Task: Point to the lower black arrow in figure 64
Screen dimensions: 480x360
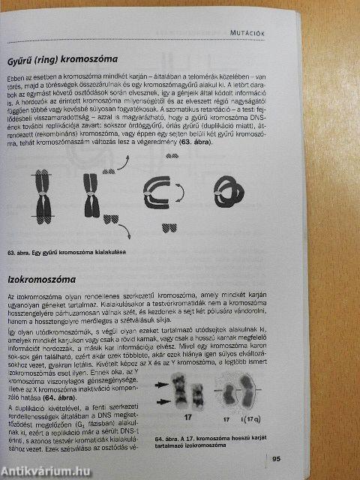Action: click(163, 401)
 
